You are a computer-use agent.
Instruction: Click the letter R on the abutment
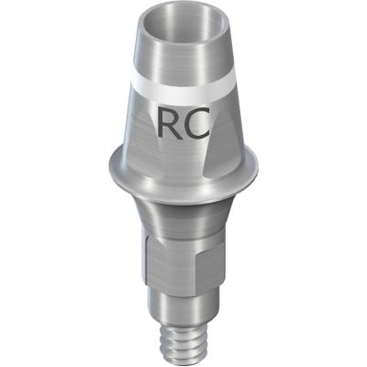[169, 121]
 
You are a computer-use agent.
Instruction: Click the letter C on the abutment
[197, 122]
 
